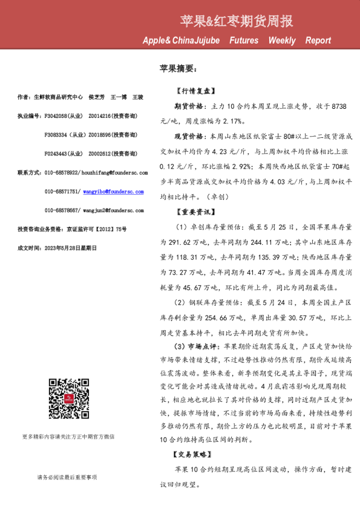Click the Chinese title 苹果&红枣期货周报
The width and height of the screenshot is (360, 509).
(237, 22)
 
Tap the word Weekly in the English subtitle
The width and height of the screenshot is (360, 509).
(282, 41)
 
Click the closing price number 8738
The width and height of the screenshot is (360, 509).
(336, 105)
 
